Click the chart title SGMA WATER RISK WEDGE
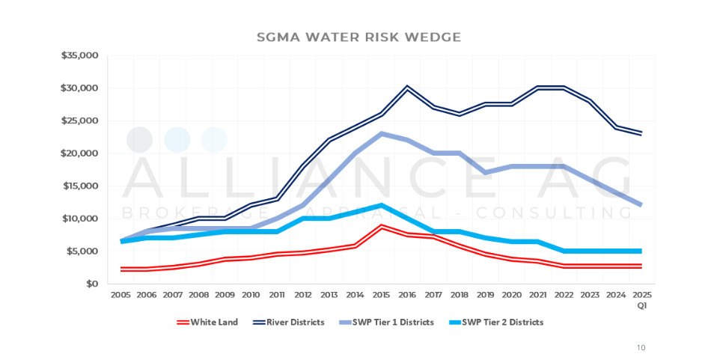point(358,36)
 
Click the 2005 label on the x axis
point(120,296)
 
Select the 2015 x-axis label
point(381,296)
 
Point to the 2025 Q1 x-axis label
point(641,299)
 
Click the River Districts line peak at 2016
point(407,88)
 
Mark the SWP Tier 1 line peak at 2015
point(381,133)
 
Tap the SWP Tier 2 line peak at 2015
point(381,205)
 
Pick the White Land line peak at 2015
point(381,226)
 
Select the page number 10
point(641,347)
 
